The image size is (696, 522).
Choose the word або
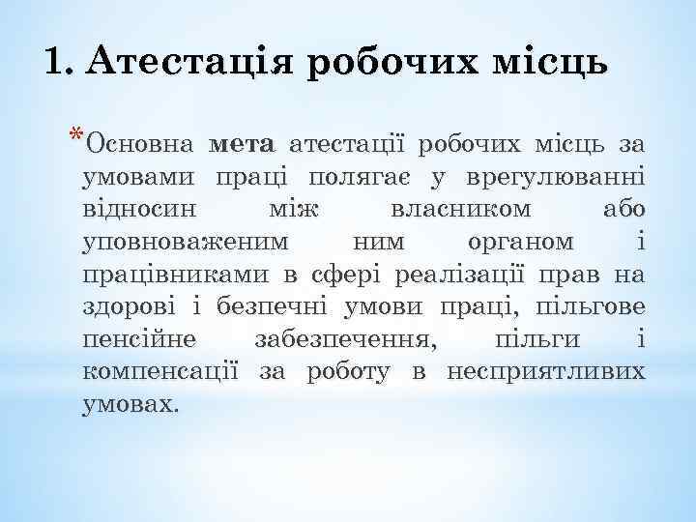(x=623, y=210)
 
